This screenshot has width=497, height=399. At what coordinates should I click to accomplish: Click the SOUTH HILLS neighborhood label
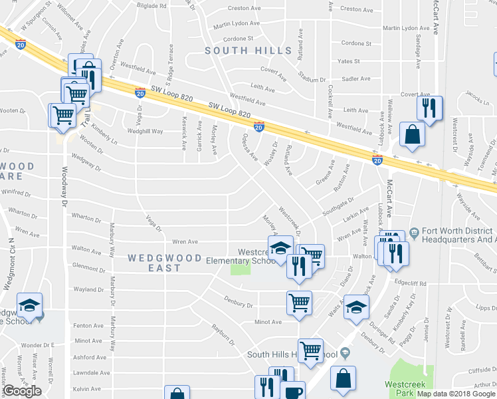click(x=248, y=51)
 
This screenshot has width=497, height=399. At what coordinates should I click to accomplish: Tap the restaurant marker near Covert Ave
click(x=430, y=108)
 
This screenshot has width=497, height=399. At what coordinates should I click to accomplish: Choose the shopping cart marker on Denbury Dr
click(x=299, y=302)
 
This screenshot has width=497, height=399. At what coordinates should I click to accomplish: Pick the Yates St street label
click(x=348, y=61)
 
